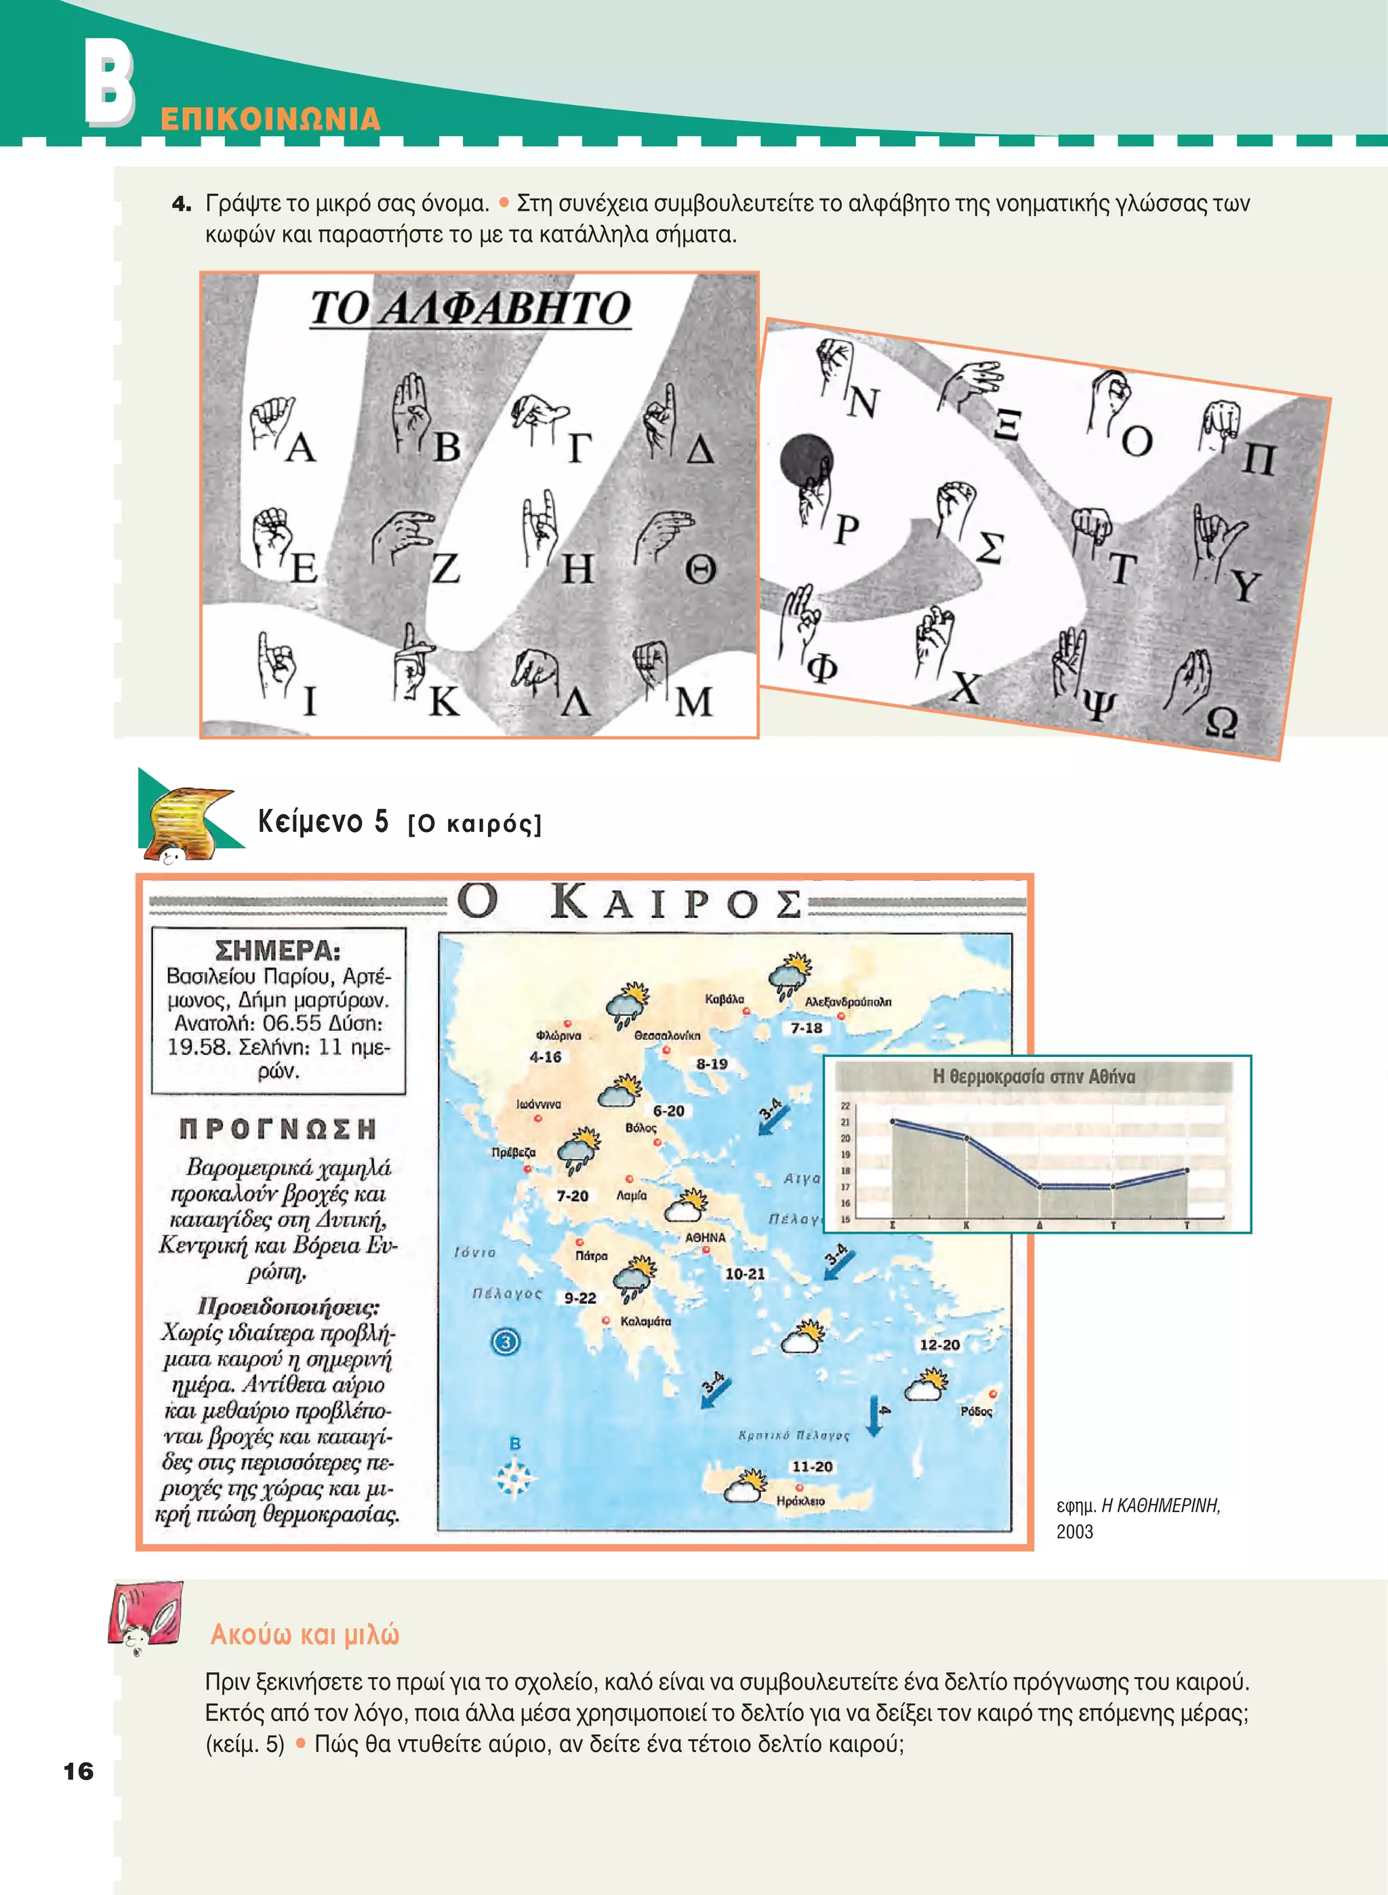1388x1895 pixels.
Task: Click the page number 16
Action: (x=78, y=1772)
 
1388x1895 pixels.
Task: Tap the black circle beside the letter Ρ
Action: (x=806, y=460)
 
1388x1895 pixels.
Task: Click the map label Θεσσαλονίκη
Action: (x=667, y=1036)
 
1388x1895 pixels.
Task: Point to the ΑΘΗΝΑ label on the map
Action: (x=705, y=1237)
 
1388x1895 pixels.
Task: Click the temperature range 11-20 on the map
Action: (x=813, y=1467)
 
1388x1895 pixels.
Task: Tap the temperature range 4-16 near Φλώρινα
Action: (x=546, y=1057)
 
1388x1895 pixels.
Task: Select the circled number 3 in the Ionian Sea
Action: (x=505, y=1341)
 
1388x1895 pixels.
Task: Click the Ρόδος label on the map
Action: (x=977, y=1411)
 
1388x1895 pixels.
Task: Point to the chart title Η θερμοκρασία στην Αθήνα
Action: (x=1034, y=1077)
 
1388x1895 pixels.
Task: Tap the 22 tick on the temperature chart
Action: (x=845, y=1106)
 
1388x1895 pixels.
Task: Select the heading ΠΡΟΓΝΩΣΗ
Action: (x=278, y=1129)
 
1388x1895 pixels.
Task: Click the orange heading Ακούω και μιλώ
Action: (x=305, y=1635)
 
